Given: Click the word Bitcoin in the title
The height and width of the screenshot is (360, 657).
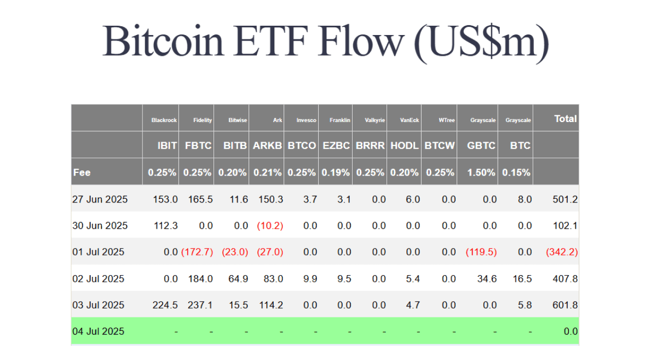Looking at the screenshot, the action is [x=163, y=40].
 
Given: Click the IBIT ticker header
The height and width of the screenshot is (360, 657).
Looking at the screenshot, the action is [x=167, y=146].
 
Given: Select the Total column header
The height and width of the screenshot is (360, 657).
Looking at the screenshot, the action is [x=565, y=119].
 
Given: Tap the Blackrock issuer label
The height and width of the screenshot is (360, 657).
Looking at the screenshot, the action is [x=164, y=120].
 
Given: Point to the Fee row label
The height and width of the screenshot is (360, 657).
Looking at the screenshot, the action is [x=82, y=172].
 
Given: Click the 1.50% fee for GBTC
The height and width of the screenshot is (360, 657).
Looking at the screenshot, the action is [x=481, y=172].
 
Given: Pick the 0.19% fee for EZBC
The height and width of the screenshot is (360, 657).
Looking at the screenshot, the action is [x=336, y=172].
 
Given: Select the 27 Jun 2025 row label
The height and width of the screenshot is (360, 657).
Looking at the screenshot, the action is [x=100, y=199].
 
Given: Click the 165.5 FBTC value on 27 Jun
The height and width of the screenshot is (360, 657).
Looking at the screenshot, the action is [x=200, y=199].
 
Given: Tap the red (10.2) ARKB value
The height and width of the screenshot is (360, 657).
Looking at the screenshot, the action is [x=270, y=226].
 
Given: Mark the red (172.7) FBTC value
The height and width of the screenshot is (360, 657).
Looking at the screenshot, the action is [x=197, y=252].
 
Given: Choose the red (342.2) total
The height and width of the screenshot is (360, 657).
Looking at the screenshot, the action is [x=562, y=252].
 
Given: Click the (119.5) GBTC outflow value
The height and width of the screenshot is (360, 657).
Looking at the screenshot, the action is [x=481, y=252].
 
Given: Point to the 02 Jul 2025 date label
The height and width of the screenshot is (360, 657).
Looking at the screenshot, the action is [x=98, y=279].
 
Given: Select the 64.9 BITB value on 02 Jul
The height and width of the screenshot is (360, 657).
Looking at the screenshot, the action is [x=238, y=279].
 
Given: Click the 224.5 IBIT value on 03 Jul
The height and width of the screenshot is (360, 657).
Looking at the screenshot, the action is [x=165, y=305].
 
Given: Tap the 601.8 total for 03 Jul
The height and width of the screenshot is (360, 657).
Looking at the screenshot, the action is [x=565, y=305].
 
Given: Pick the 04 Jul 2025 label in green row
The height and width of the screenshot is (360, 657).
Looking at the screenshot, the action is [x=98, y=332].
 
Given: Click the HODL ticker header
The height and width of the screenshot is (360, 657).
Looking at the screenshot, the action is [x=404, y=146].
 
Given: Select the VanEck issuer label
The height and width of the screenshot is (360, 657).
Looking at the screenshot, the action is [x=410, y=120].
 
